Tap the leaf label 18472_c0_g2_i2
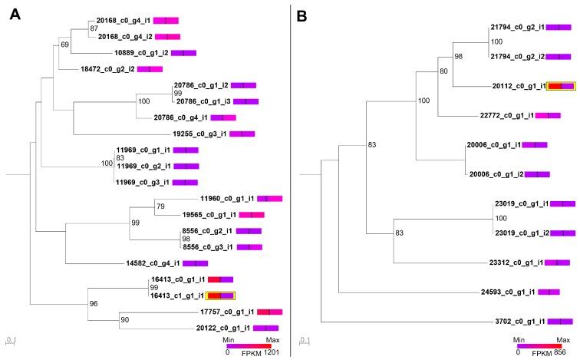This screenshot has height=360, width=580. coord(107,69)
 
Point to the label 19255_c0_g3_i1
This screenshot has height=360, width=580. coord(199,134)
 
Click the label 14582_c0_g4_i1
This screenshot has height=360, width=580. coord(153,263)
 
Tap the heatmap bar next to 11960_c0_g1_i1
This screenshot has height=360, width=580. coord(269,199)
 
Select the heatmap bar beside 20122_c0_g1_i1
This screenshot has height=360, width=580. coord(265,328)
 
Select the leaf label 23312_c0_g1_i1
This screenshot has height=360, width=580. coord(516,263)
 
